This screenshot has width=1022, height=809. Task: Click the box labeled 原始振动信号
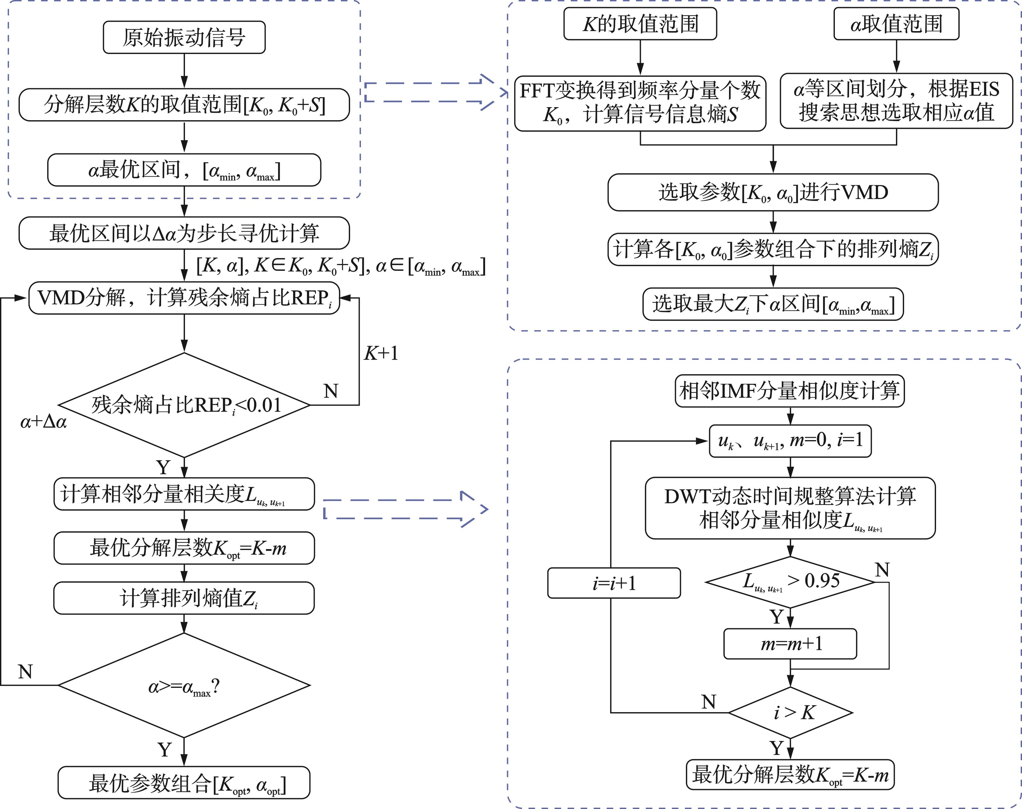pyautogui.click(x=184, y=37)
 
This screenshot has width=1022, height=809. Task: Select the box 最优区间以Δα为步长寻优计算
pyautogui.click(x=184, y=233)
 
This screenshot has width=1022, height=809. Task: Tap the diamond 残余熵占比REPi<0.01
pyautogui.click(x=184, y=405)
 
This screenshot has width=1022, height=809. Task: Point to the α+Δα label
pyautogui.click(x=43, y=421)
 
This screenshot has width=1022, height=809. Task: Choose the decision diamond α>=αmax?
pyautogui.click(x=184, y=685)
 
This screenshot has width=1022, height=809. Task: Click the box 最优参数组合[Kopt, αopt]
pyautogui.click(x=184, y=783)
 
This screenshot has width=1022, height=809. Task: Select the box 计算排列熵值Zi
pyautogui.click(x=184, y=598)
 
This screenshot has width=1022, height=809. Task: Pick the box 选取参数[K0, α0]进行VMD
pyautogui.click(x=773, y=192)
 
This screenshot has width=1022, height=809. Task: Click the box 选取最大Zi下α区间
pyautogui.click(x=773, y=304)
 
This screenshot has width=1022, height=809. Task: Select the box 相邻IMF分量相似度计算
pyautogui.click(x=790, y=391)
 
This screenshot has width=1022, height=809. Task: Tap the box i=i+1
pyautogui.click(x=614, y=583)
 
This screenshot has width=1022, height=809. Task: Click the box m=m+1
pyautogui.click(x=790, y=644)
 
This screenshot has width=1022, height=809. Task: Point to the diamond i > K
pyautogui.click(x=790, y=712)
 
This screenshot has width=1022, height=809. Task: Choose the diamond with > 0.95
pyautogui.click(x=790, y=582)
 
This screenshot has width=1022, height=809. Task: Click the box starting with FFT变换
pyautogui.click(x=640, y=103)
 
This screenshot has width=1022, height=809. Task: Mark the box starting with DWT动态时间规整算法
pyautogui.click(x=790, y=508)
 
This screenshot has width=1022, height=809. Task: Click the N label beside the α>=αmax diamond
pyautogui.click(x=25, y=672)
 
